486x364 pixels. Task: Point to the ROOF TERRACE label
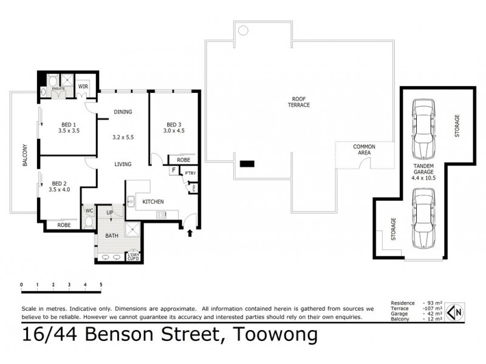299,101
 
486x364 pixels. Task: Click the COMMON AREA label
364,150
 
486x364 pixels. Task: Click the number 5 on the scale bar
101,285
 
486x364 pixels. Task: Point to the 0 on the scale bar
21,285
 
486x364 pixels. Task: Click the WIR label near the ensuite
83,86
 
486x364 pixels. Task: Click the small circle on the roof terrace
242,30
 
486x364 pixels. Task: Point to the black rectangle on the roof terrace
248,163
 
